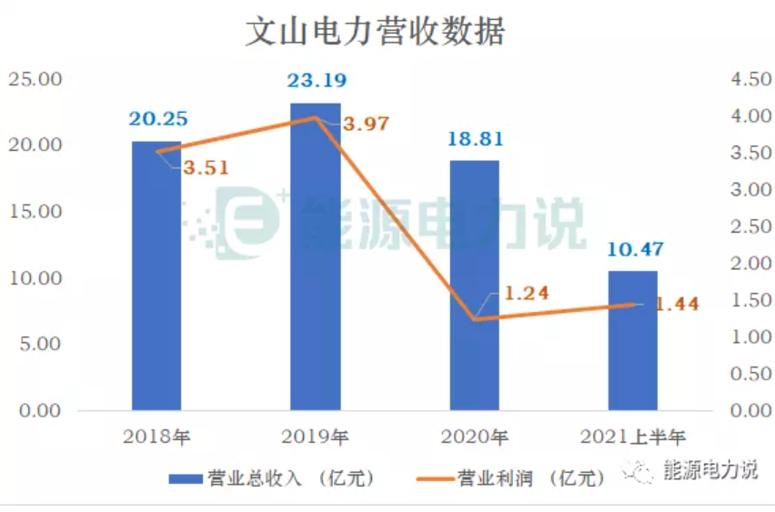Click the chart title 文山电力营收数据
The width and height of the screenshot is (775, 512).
click(376, 32)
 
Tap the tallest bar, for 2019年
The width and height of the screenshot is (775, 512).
click(315, 264)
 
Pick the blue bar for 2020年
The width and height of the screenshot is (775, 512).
click(474, 291)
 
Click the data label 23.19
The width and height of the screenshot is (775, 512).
click(316, 83)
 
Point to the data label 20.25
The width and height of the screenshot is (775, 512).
click(157, 120)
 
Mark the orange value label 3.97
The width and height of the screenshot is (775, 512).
click(365, 124)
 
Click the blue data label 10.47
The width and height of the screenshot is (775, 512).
click(633, 249)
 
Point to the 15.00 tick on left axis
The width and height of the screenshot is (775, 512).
click(35, 211)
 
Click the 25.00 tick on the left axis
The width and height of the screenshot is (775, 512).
click(35, 79)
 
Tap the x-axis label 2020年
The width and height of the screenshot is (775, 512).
click(474, 437)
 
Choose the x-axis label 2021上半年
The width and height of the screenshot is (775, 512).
click(632, 437)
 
